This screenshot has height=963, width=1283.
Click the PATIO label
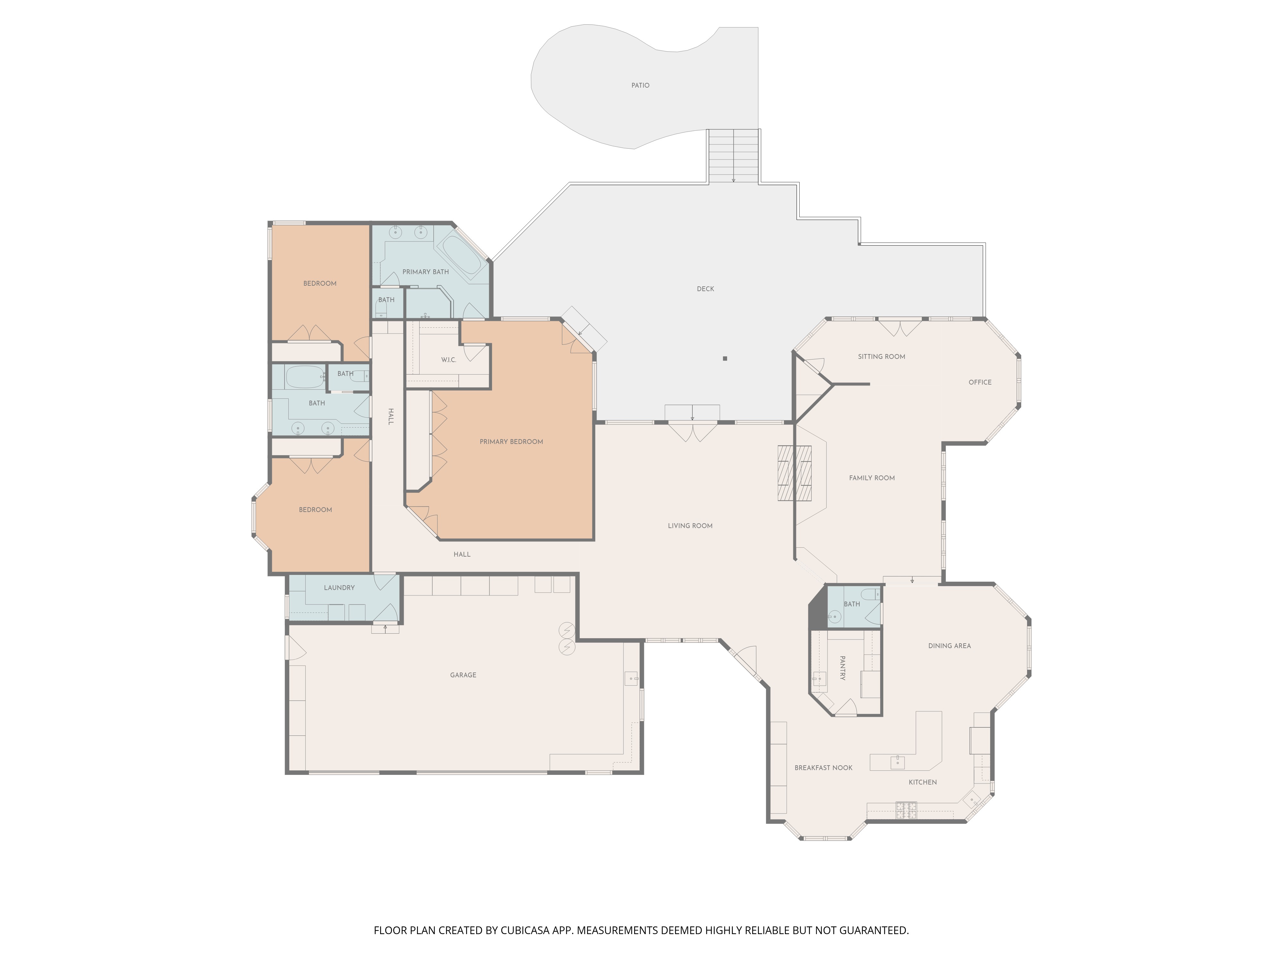(x=640, y=85)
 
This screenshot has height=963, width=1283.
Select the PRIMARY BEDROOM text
(x=511, y=442)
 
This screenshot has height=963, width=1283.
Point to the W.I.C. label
(x=448, y=360)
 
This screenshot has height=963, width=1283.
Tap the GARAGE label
(x=463, y=675)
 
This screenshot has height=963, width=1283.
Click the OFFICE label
(x=980, y=382)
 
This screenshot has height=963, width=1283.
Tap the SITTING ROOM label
(x=881, y=356)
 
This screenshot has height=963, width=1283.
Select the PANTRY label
(x=842, y=668)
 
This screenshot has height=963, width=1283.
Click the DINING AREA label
(x=949, y=646)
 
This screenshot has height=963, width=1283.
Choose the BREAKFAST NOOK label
(x=823, y=768)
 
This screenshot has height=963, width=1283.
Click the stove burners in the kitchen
(x=906, y=810)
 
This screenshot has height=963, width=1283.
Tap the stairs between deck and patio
(x=733, y=156)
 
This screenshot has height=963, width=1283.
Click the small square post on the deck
(x=725, y=359)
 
